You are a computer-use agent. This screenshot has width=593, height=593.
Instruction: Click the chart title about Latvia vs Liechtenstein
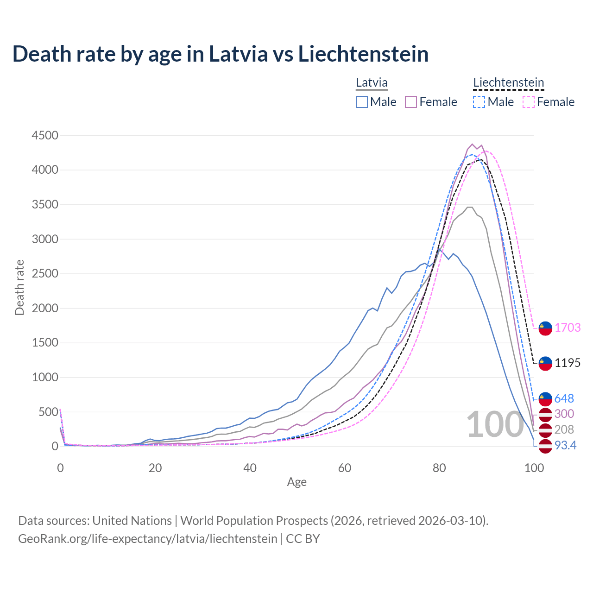pos(221,54)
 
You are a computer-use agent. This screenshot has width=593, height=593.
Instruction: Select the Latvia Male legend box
pos(362,102)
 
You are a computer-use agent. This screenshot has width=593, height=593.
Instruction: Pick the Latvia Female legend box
pos(411,102)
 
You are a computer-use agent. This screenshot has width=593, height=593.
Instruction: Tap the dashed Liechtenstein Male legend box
pos(479,102)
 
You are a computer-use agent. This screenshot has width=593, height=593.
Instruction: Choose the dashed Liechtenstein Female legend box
pos(529,102)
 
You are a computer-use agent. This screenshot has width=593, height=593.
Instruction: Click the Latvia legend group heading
pos(372,83)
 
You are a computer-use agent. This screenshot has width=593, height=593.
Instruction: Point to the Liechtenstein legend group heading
pos(508,83)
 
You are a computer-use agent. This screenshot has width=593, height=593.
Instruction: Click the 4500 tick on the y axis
pos(45,135)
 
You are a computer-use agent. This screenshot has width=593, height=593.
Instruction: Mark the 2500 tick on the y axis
pos(45,273)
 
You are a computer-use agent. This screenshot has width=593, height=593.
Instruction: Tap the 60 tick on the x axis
pos(344,468)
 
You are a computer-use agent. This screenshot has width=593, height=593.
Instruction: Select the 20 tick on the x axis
pos(155,468)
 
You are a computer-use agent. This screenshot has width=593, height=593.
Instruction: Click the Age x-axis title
pos(296,482)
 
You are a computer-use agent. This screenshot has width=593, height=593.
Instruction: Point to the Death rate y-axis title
pos(19,287)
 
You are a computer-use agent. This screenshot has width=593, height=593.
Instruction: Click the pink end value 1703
pos(568,328)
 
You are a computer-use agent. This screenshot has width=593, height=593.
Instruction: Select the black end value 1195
pos(568,363)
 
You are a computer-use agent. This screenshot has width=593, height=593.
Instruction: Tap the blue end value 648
pos(564,398)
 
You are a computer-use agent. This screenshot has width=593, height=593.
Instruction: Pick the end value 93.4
pos(565,445)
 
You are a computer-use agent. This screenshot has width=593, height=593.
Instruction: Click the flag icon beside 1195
pos(545,363)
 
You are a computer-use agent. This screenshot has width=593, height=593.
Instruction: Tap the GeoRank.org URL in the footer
pos(147,539)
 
